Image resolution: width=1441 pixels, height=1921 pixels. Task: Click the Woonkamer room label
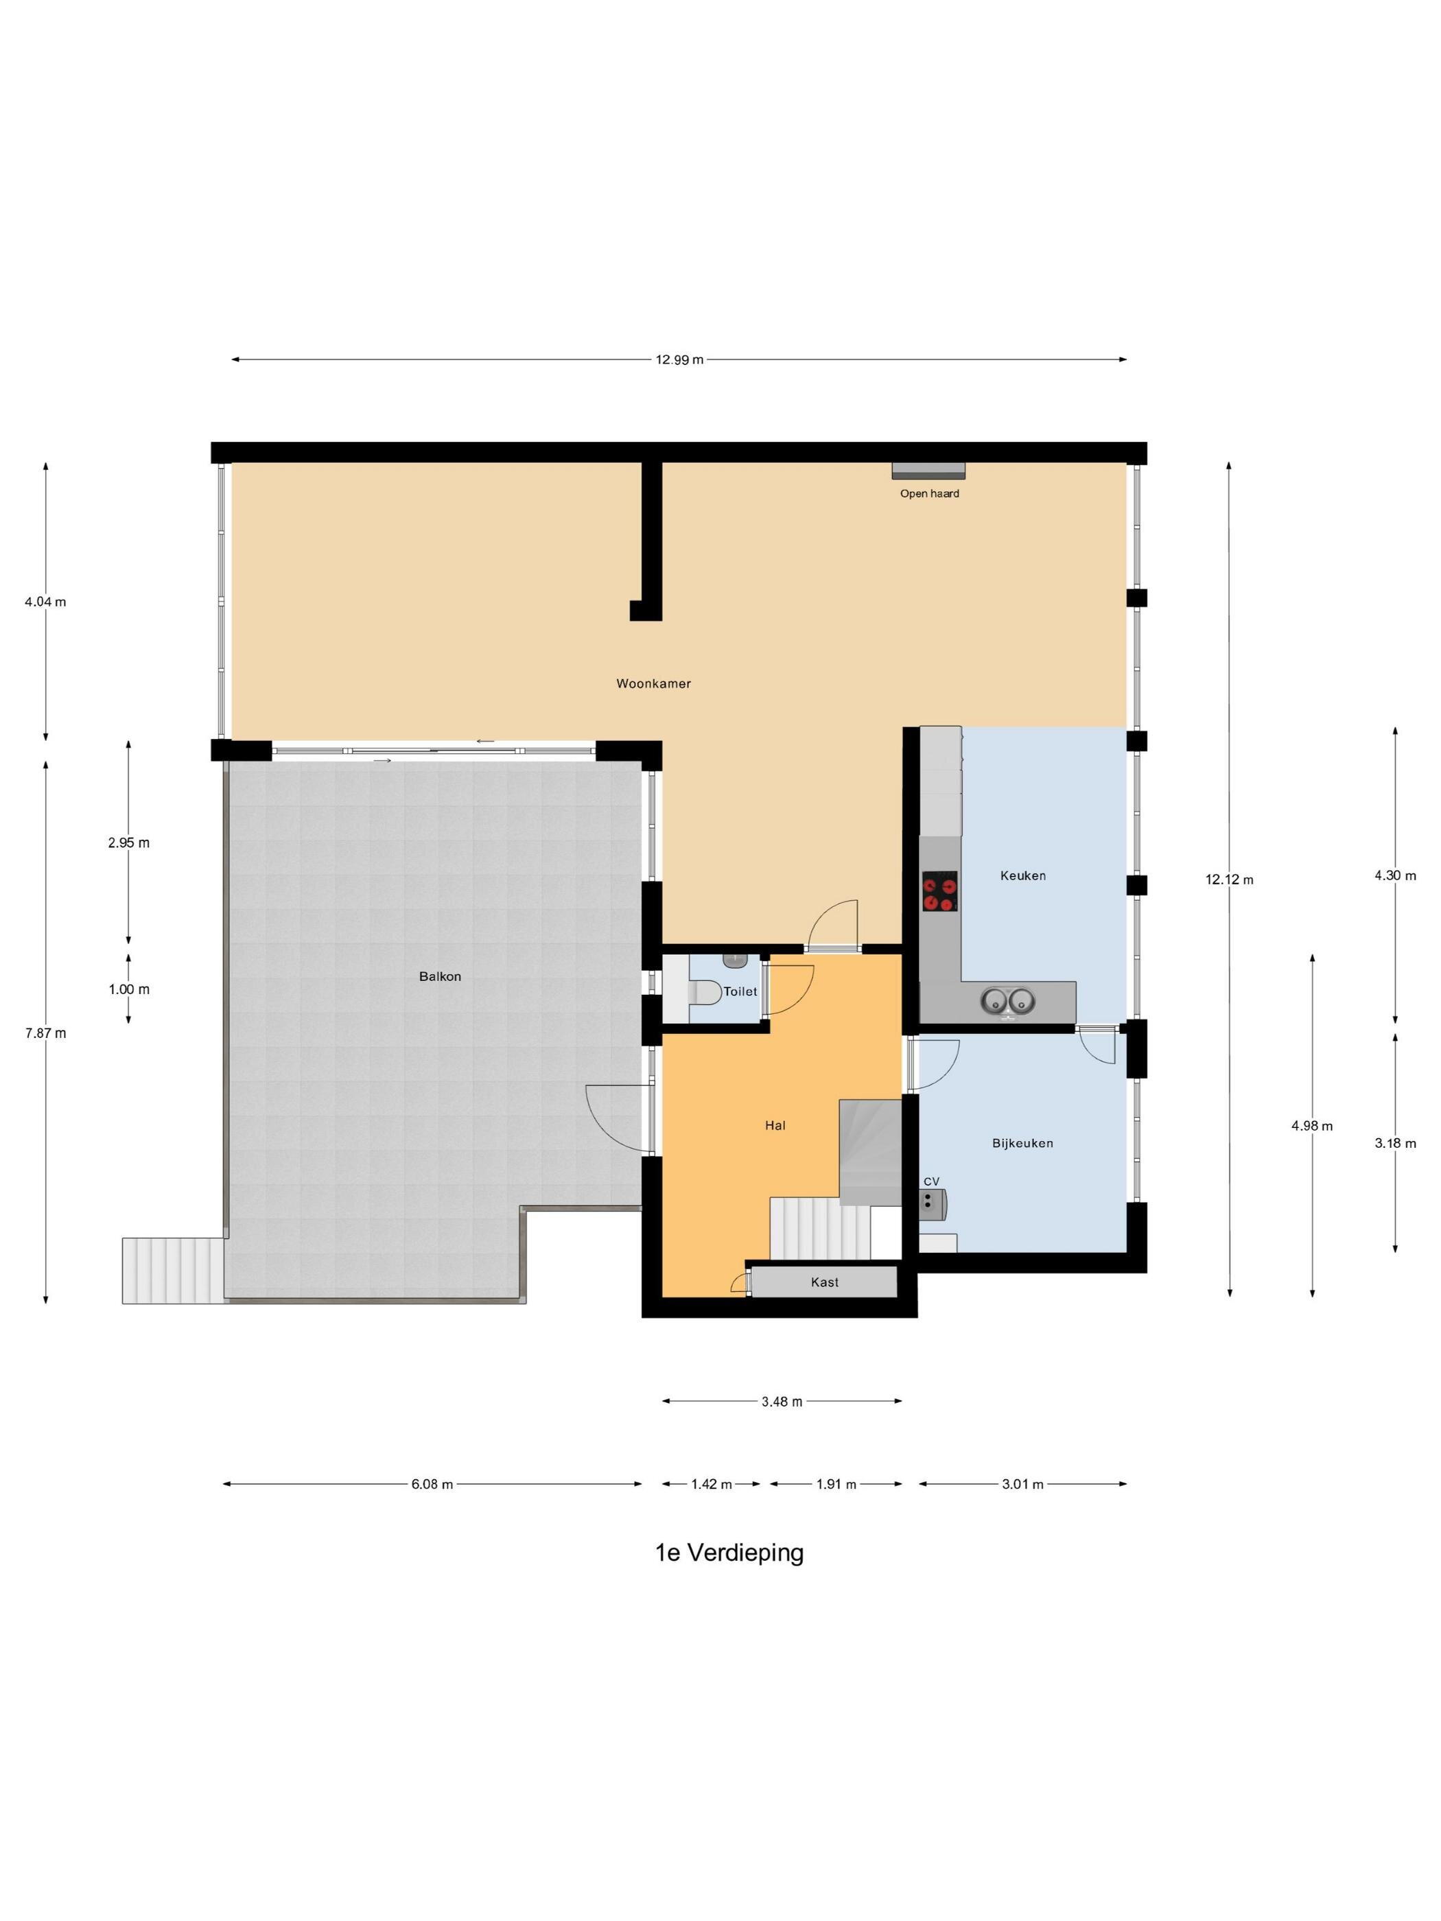(x=653, y=683)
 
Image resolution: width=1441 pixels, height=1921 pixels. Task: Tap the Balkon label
(x=440, y=976)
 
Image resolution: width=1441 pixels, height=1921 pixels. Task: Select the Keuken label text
(x=1022, y=875)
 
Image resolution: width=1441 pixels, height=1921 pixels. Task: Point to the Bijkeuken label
(x=1022, y=1143)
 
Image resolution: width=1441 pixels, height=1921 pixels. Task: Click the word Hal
(x=775, y=1124)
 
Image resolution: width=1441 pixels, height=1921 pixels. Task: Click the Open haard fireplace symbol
(x=928, y=470)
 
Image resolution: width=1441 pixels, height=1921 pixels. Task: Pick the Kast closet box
(x=823, y=1282)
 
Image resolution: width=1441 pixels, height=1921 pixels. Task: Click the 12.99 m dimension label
(x=679, y=360)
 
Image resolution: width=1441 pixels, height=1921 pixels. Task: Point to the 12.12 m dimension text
(x=1229, y=879)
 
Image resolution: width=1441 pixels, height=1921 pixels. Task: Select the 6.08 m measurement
(x=432, y=1484)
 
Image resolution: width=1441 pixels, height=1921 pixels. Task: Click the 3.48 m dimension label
(x=781, y=1401)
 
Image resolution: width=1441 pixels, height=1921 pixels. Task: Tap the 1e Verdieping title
(x=729, y=1552)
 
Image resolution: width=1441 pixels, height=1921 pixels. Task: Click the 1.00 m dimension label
(x=128, y=989)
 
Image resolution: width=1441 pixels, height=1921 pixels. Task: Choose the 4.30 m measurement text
(x=1395, y=875)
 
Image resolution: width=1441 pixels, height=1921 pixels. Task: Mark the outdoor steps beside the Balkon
(x=173, y=1270)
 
